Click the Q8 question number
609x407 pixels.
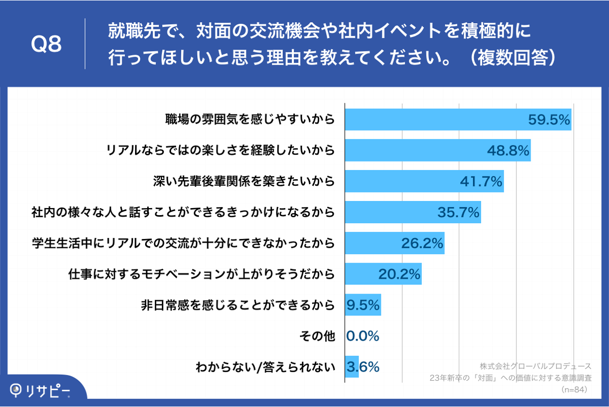pyautogui.click(x=46, y=45)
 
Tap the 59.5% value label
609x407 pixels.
pyautogui.click(x=549, y=120)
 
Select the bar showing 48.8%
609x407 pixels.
pyautogui.click(x=438, y=150)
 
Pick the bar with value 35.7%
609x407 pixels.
pyautogui.click(x=412, y=213)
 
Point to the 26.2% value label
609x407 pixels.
pyautogui.click(x=422, y=243)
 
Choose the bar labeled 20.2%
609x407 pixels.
pyautogui.click(x=383, y=274)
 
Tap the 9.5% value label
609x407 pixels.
pyautogui.click(x=363, y=305)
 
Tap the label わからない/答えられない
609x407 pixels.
pyautogui.click(x=266, y=367)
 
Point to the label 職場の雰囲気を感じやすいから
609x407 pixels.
pyautogui.click(x=250, y=120)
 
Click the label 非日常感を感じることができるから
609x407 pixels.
pyautogui.click(x=238, y=305)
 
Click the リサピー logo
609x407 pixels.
pyautogui.click(x=40, y=389)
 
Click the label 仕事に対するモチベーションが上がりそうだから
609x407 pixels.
pyautogui.click(x=201, y=274)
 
